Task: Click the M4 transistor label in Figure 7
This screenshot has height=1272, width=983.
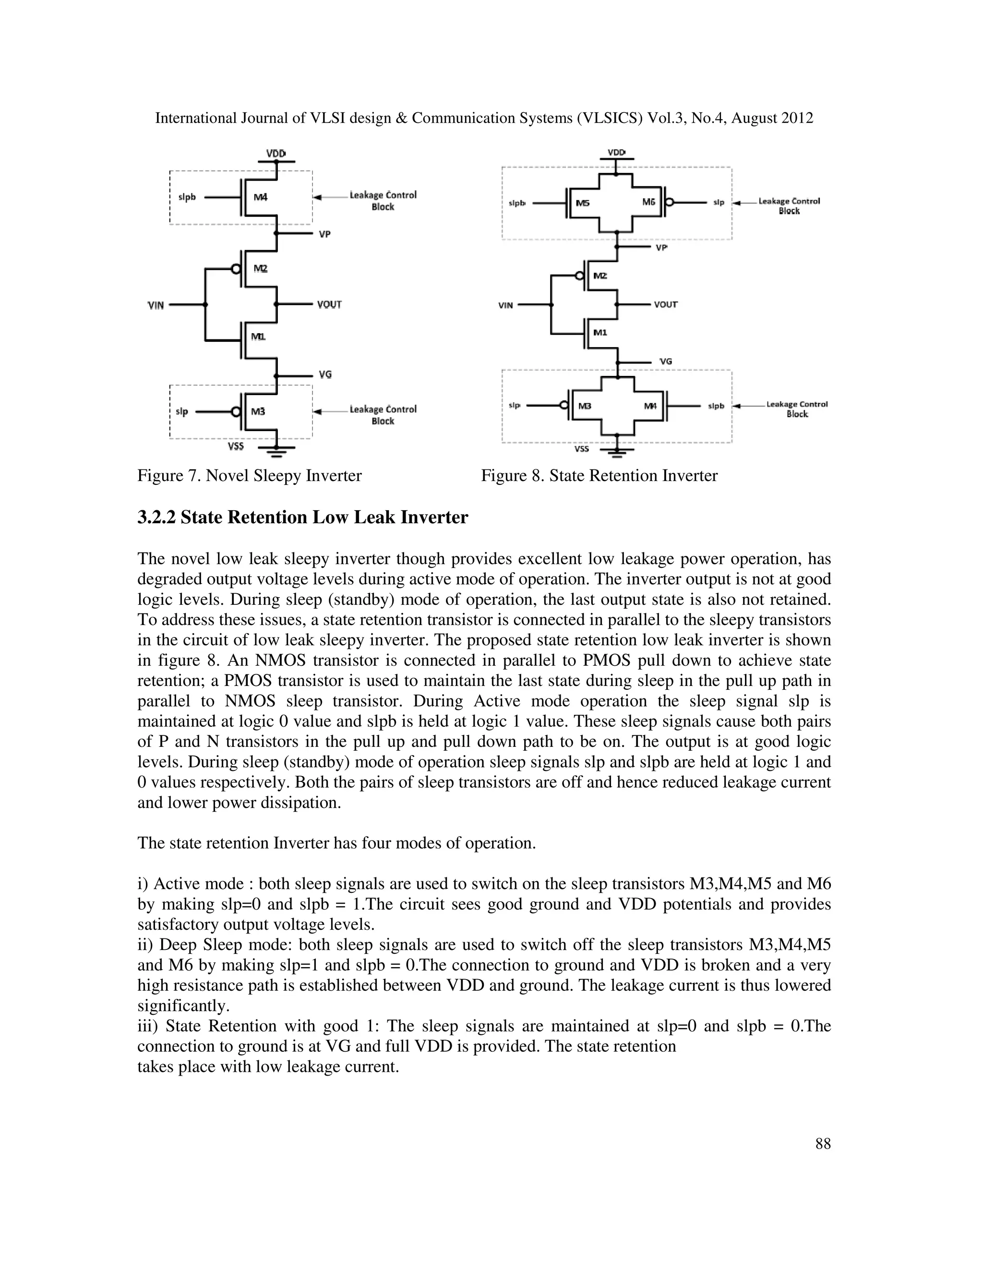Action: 260,197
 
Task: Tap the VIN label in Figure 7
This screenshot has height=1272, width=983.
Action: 156,305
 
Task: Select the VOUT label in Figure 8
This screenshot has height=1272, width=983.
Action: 666,305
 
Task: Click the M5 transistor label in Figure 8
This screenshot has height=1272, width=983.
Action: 582,203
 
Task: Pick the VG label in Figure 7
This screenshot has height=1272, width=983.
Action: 325,374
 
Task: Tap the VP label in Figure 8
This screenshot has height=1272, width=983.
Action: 661,248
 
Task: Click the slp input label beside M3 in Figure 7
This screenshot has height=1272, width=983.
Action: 182,412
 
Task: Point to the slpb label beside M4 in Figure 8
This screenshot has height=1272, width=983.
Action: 716,406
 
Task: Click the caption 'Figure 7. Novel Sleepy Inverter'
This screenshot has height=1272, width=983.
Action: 249,476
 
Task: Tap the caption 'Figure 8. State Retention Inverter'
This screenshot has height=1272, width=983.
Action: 599,476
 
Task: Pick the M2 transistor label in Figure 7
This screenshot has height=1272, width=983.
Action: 260,268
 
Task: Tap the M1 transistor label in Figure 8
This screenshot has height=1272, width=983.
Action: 600,333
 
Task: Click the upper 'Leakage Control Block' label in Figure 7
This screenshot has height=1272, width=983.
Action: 383,200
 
